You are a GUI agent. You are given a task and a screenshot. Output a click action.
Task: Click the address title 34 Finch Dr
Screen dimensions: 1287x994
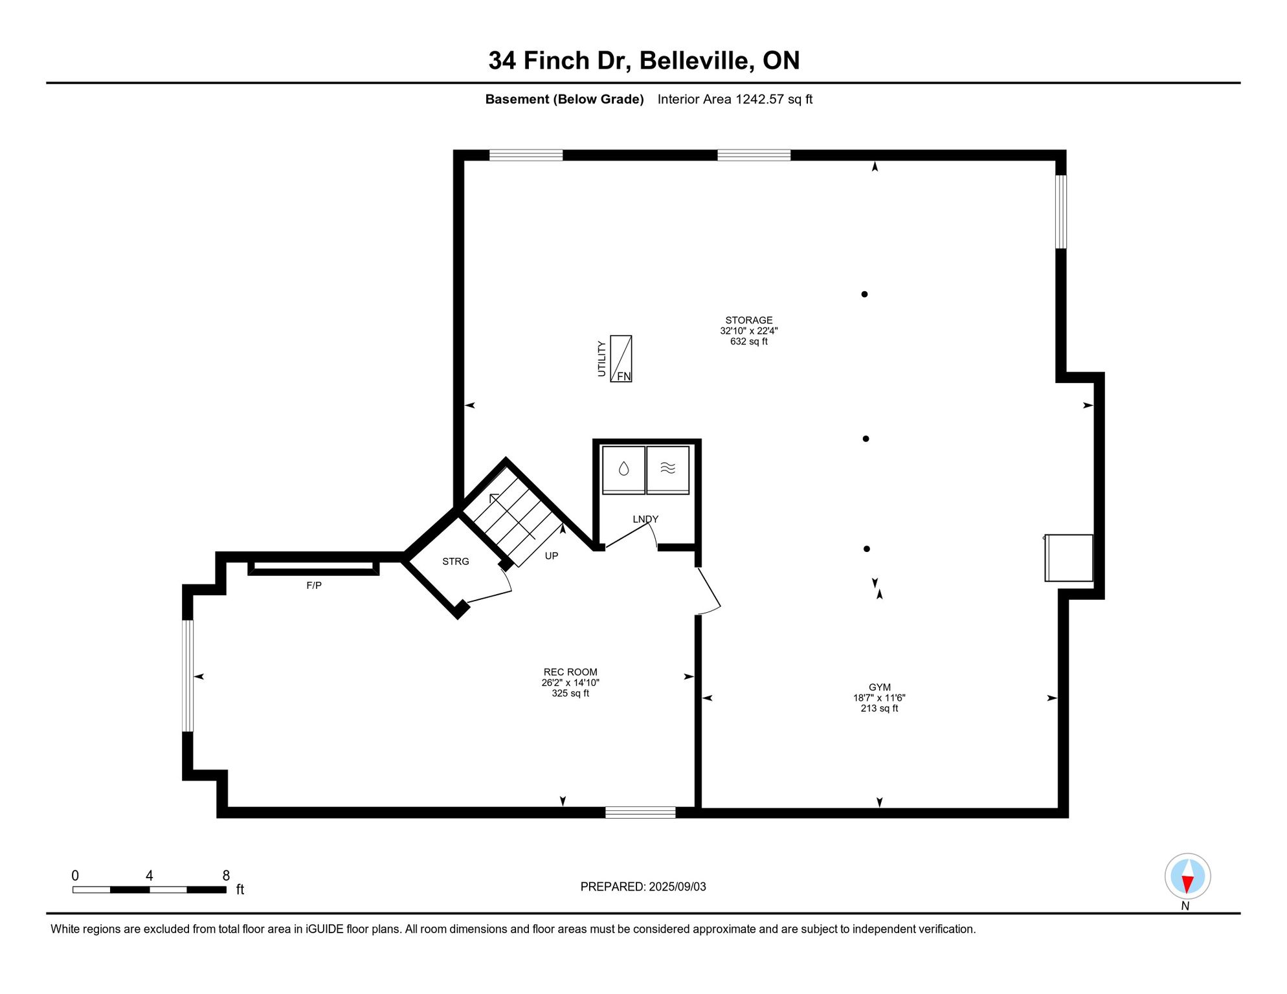pos(559,61)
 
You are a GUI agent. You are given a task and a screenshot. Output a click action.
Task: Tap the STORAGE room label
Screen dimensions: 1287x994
pos(748,320)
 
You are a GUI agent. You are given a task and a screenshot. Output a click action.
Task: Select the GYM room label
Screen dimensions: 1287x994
pos(880,687)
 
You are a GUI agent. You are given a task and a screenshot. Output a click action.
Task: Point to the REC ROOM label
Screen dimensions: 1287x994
pos(570,672)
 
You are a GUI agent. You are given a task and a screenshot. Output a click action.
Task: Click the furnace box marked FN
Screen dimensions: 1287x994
pos(621,359)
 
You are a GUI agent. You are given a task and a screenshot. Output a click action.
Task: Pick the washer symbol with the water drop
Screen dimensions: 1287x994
pos(623,469)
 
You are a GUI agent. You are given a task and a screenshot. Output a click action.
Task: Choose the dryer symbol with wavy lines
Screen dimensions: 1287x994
pos(667,469)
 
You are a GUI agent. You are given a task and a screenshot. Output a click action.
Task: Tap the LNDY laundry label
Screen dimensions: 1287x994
pos(645,519)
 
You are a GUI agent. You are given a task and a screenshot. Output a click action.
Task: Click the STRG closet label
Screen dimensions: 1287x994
pos(456,562)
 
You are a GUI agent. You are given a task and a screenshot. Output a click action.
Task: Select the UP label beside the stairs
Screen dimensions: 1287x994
pos(552,556)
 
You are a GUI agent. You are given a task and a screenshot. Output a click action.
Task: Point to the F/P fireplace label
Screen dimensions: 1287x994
pos(314,586)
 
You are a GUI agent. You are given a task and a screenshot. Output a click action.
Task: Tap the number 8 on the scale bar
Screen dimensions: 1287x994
pos(226,876)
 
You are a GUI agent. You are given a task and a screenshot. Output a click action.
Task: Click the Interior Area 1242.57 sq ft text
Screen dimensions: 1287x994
pos(735,99)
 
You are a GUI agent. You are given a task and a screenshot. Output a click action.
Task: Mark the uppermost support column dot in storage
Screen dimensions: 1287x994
pos(864,294)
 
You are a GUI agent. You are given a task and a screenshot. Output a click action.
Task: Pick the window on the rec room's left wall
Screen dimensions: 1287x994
pos(188,676)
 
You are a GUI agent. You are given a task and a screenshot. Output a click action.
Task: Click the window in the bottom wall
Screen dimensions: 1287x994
pos(640,813)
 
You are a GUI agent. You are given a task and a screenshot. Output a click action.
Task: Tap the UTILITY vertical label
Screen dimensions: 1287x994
pos(601,359)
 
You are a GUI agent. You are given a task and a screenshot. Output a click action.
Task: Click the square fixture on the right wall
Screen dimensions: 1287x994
pos(1069,558)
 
